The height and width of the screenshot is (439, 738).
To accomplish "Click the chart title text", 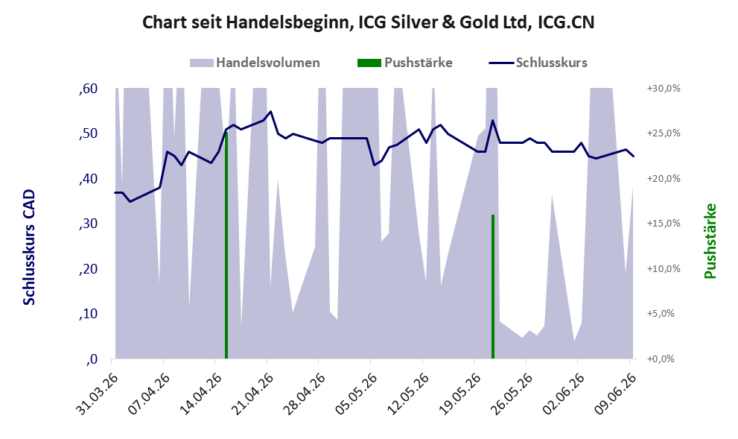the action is pos(368,22).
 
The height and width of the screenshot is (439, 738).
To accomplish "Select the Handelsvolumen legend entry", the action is pos(255,63).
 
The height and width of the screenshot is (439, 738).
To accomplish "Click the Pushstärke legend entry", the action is pos(405,63).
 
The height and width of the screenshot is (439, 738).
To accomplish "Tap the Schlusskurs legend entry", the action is pos(538,63).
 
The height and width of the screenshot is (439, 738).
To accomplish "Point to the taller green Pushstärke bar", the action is pos(226,245).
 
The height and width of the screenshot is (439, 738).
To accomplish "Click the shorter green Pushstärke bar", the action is pos(493,286).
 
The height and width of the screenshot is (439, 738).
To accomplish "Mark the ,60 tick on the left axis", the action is pos(88,89).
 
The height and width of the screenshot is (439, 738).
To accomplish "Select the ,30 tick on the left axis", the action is pos(88,224).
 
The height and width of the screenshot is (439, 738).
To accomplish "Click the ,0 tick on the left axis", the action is pos(92,359).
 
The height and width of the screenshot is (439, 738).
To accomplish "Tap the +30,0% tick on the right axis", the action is pos(664,89).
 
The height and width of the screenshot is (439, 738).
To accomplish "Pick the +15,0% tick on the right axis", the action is pos(664,224).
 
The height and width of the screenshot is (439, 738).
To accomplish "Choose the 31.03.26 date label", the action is pos(98,394).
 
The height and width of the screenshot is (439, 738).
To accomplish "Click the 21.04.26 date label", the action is pos(252,394).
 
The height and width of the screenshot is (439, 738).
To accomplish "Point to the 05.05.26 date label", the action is pos(356,394).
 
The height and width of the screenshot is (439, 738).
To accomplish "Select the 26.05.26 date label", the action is pos(512,394).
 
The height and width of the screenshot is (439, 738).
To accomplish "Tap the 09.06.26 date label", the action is pos(615,394).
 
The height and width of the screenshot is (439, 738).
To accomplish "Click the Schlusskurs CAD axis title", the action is pos(29,247).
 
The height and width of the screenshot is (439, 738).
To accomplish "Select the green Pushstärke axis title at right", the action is pos(710,241).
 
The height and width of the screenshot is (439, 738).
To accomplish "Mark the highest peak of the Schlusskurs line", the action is pos(270,112).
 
